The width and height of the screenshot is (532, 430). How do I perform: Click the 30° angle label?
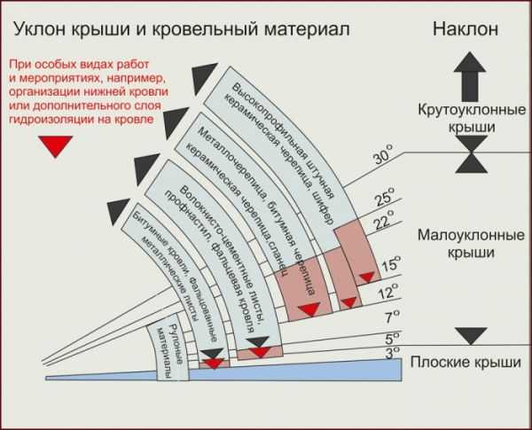click(x=383, y=155)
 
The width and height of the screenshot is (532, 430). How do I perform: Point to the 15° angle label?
click(x=391, y=263)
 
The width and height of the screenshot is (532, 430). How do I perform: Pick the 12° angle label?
click(x=388, y=291)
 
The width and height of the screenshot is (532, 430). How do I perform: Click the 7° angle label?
click(x=393, y=317)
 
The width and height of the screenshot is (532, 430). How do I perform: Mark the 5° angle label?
click(x=393, y=338)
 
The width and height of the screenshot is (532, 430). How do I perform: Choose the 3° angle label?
click(x=393, y=352)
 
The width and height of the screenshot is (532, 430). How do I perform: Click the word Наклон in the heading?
click(x=465, y=28)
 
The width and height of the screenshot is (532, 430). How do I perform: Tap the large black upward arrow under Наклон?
click(x=470, y=76)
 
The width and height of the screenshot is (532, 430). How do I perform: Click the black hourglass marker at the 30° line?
click(x=472, y=154)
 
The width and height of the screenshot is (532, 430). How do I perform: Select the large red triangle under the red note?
click(x=55, y=146)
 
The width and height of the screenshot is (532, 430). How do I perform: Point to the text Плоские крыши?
click(x=465, y=362)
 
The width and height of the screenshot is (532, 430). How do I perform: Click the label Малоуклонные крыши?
click(x=471, y=244)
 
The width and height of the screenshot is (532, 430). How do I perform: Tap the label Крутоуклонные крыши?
click(x=472, y=118)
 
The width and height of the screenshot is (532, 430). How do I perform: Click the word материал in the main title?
click(x=307, y=29)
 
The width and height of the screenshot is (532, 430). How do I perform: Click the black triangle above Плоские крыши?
click(x=471, y=336)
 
